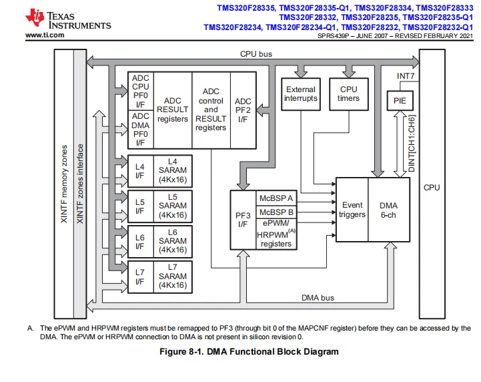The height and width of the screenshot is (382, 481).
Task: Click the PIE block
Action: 400,101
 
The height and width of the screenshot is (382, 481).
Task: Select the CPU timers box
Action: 349,94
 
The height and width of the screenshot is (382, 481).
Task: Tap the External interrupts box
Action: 301,94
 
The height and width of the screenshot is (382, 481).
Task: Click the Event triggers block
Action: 352,210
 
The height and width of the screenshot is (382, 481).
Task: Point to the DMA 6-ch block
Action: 389,210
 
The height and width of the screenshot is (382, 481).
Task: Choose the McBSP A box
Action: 276,198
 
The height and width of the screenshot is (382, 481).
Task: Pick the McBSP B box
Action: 276,212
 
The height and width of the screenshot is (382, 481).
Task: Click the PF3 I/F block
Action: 243,220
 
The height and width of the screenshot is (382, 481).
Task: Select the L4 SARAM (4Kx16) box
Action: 173,171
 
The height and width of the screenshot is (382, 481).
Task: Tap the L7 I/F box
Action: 140,277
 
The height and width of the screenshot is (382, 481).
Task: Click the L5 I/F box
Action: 140,206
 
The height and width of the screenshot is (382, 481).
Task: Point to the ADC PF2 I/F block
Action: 243,110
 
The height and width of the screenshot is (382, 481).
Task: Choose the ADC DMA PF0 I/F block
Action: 141,130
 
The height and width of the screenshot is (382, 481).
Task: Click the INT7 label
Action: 406,76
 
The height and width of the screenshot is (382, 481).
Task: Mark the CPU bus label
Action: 256,54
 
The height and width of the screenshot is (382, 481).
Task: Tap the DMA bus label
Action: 318,298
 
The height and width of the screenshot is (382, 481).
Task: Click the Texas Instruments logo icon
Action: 35,17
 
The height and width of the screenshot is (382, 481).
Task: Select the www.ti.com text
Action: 45,35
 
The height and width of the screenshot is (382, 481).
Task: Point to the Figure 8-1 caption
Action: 249,351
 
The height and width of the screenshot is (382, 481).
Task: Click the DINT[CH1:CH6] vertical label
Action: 412,144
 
